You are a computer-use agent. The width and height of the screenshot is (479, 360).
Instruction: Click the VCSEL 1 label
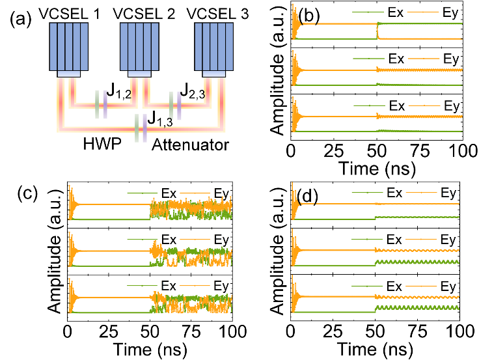click(70, 14)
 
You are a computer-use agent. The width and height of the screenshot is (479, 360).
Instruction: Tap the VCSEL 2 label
click(144, 14)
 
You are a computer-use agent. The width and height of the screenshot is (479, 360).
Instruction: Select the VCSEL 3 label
click(218, 14)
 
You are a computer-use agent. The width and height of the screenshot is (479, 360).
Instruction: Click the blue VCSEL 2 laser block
click(139, 47)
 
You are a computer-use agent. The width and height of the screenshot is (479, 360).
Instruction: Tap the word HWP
click(102, 144)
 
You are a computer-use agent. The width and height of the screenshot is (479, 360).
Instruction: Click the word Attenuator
click(190, 145)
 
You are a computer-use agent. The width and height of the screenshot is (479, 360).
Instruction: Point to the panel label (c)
click(27, 195)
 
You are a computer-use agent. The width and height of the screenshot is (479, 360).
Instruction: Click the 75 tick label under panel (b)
click(420, 151)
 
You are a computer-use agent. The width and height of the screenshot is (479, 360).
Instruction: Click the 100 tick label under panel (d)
click(458, 331)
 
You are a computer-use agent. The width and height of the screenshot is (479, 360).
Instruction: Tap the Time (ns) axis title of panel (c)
click(150, 350)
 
